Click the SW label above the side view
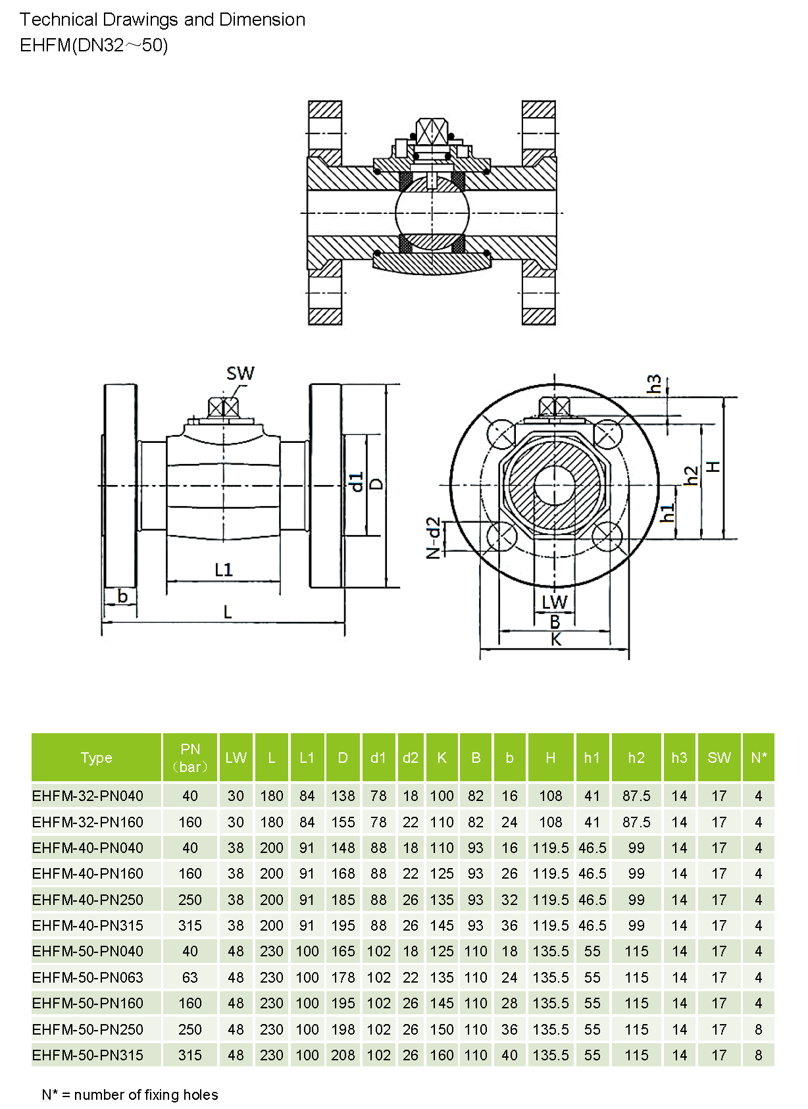[240, 373]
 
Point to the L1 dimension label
[224, 570]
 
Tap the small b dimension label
[122, 596]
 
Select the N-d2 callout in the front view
[433, 538]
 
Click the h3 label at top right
[653, 384]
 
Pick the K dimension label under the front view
[556, 640]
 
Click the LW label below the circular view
[555, 602]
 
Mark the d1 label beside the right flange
[356, 482]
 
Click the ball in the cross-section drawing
[432, 213]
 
